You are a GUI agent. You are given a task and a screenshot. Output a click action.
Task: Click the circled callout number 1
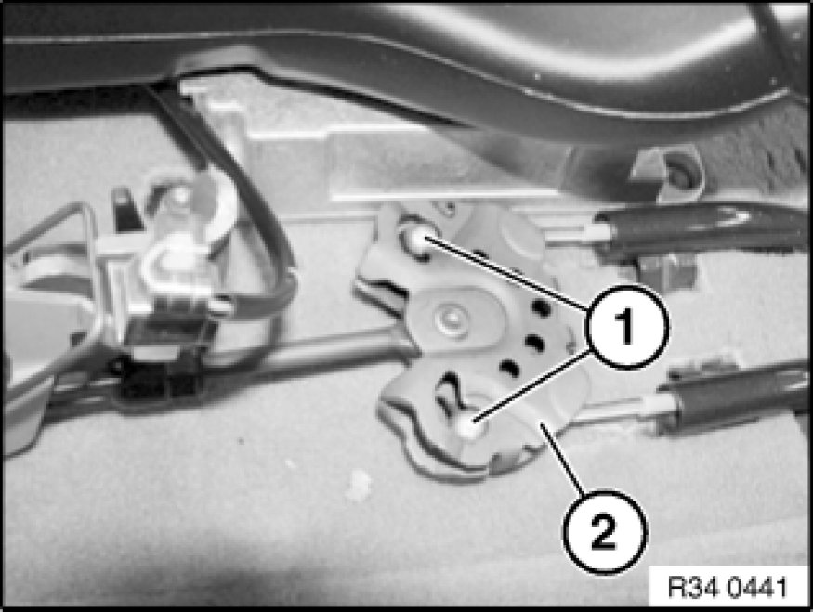(x=626, y=327)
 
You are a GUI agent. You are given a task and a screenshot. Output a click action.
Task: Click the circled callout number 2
(x=605, y=531)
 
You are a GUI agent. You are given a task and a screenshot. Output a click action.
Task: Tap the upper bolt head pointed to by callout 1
(x=416, y=239)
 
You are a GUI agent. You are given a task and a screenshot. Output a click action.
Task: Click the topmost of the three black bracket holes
(x=540, y=309)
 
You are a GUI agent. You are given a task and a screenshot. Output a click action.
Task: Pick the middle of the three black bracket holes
(x=533, y=342)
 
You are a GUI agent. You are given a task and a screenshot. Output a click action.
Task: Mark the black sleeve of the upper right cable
(x=700, y=230)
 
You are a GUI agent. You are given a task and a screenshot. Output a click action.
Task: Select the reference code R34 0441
(x=728, y=588)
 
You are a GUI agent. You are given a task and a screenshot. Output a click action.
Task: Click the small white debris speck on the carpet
(x=359, y=484)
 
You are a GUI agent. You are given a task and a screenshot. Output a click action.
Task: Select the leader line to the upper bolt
(x=506, y=275)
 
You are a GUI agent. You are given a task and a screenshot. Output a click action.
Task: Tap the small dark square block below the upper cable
(x=668, y=271)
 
